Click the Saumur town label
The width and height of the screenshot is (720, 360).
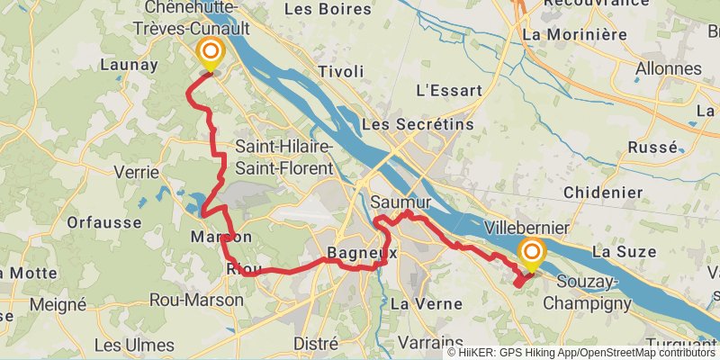pos(400,202)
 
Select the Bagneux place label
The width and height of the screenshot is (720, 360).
pos(362,253)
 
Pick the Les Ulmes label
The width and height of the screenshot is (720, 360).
pos(134,345)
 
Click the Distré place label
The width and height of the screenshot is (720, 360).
pos(317,344)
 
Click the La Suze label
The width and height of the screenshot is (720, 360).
pos(624,252)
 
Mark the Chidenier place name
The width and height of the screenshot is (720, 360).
pos(603,193)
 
